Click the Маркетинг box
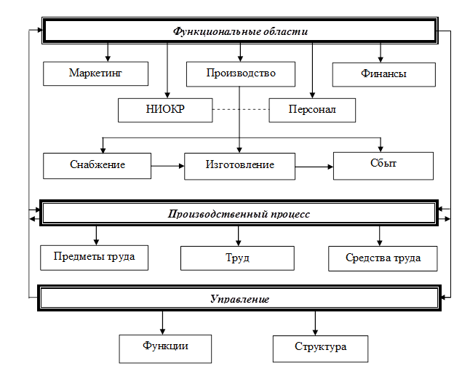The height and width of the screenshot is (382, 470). [95, 73]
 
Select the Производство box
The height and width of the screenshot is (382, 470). [241, 73]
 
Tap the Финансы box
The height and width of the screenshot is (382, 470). [383, 74]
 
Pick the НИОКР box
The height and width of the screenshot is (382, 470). [165, 110]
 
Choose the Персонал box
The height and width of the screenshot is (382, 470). [312, 110]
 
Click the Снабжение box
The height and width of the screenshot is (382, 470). [97, 164]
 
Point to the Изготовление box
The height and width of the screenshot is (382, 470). [239, 165]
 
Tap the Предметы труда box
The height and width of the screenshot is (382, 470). [95, 256]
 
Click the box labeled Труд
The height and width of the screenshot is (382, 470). [237, 258]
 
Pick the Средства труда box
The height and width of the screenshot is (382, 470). [383, 258]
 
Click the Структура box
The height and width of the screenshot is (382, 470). [320, 347]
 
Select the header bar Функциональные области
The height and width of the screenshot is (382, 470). [241, 31]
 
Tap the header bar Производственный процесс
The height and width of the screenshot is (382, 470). [239, 215]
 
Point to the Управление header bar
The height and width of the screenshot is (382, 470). [239, 299]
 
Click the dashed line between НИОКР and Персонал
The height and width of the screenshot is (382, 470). [240, 110]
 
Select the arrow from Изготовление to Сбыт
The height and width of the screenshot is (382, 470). [314, 166]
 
